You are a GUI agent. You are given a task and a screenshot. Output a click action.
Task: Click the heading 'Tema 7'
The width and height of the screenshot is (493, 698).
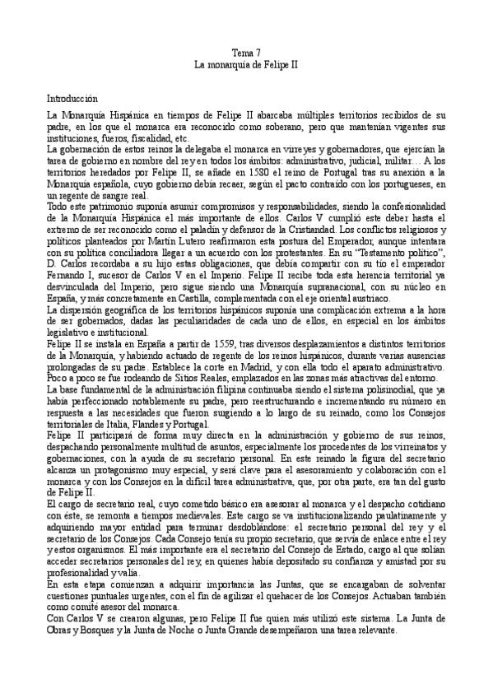[x=246, y=53]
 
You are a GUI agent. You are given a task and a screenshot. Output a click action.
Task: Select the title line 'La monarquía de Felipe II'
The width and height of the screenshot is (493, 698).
[x=246, y=63]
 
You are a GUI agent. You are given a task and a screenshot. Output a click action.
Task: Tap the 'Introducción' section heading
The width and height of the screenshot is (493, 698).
[x=72, y=97]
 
